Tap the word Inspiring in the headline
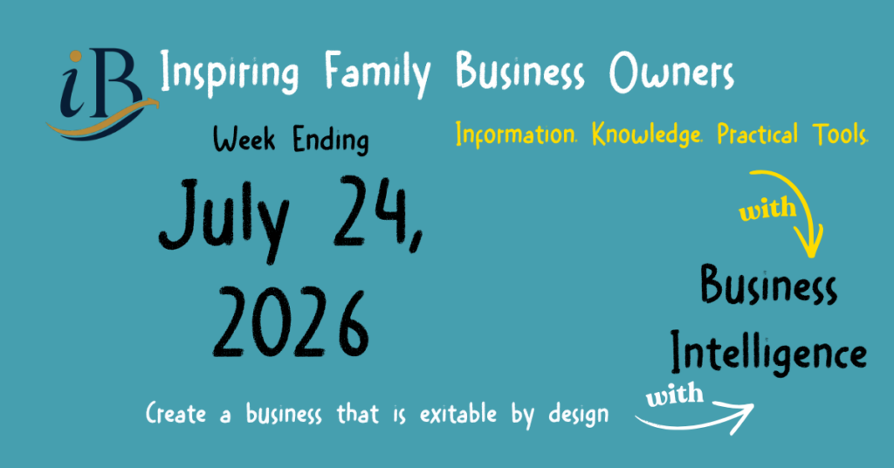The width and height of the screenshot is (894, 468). click(x=229, y=73)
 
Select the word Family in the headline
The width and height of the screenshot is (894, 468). click(x=377, y=74)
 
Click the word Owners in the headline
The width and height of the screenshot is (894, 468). click(x=671, y=72)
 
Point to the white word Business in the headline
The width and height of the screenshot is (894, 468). click(x=519, y=72)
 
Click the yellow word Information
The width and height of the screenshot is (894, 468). click(x=516, y=134)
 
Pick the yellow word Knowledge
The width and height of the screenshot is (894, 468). click(x=647, y=135)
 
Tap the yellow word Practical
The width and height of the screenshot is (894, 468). click(x=757, y=134)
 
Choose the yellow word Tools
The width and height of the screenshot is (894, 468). click(x=841, y=134)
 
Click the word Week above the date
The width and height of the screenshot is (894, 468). click(x=244, y=139)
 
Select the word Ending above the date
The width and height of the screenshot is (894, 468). click(x=331, y=141)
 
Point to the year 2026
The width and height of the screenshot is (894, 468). click(x=291, y=323)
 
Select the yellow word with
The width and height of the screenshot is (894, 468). click(x=767, y=210)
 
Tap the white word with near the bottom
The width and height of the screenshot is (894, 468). click(x=675, y=395)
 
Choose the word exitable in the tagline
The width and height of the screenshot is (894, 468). click(x=457, y=413)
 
